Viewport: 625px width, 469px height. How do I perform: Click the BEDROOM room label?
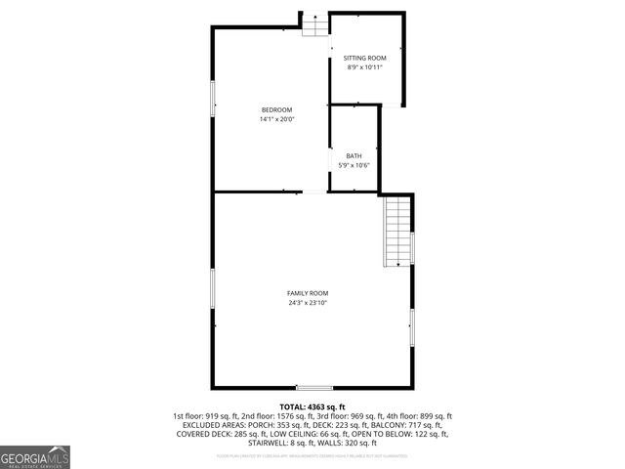point(276,109)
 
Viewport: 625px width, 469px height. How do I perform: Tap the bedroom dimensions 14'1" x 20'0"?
point(276,119)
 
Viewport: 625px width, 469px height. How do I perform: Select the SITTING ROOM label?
point(365,59)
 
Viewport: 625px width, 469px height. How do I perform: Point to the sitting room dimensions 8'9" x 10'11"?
point(365,67)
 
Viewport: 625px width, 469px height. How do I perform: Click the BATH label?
point(354,156)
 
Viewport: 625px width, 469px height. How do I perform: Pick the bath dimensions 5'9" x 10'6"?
point(354,165)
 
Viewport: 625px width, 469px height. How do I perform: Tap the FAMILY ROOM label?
point(308,293)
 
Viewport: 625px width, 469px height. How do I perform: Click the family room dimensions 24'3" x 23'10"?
point(308,303)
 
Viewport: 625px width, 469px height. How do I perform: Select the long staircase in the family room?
point(397,231)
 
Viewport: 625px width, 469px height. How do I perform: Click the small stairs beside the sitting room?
point(314,25)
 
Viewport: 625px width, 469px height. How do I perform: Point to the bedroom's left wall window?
point(214,99)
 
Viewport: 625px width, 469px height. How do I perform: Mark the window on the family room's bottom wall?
point(314,388)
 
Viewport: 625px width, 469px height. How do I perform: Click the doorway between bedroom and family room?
point(314,192)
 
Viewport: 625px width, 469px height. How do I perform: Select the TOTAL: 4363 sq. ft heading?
point(312,406)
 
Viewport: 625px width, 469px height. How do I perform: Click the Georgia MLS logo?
point(35,456)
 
